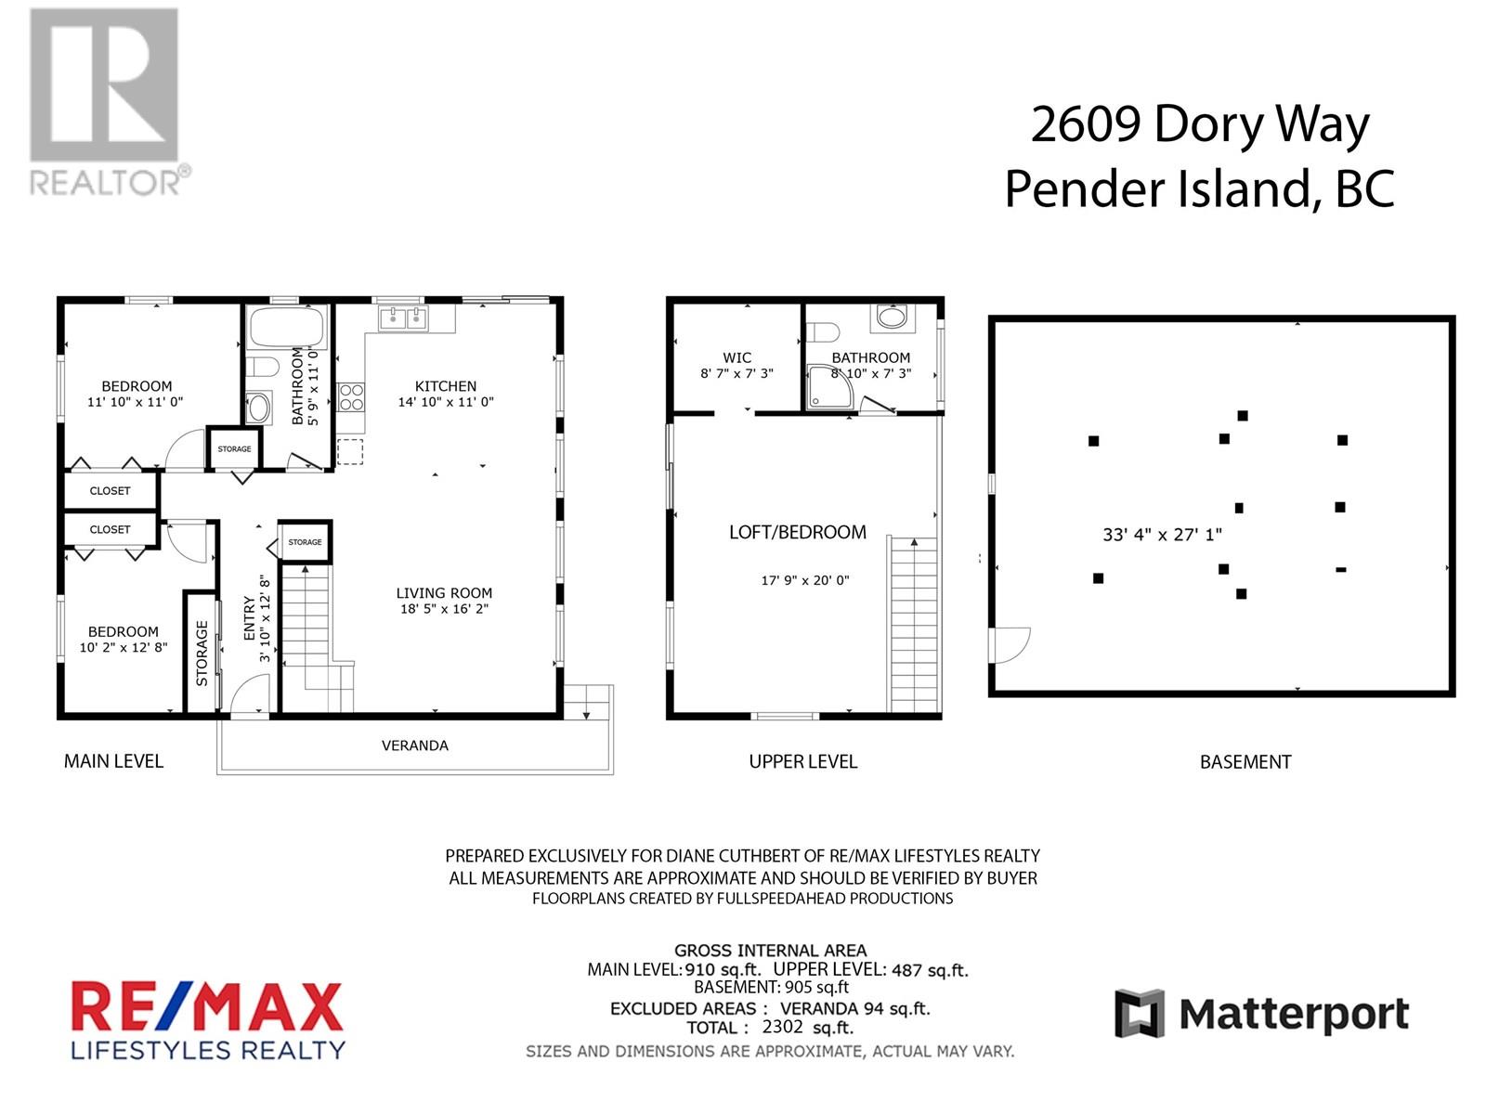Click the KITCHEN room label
(x=446, y=386)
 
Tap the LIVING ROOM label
(x=444, y=593)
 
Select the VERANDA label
(x=415, y=745)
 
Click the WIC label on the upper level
(x=736, y=357)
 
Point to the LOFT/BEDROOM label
(x=797, y=532)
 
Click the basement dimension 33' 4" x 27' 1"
(x=1162, y=535)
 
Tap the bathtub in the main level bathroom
(x=287, y=327)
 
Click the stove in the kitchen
(x=351, y=397)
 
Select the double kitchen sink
(x=403, y=319)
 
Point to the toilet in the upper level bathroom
(x=823, y=331)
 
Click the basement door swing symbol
(x=1010, y=644)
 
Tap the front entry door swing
(x=249, y=696)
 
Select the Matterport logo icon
(x=1140, y=1014)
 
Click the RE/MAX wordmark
(x=207, y=1009)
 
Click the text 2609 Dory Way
(x=1200, y=125)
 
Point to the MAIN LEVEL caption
(x=113, y=761)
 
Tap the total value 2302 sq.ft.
(x=807, y=1028)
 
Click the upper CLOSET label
(x=110, y=491)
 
